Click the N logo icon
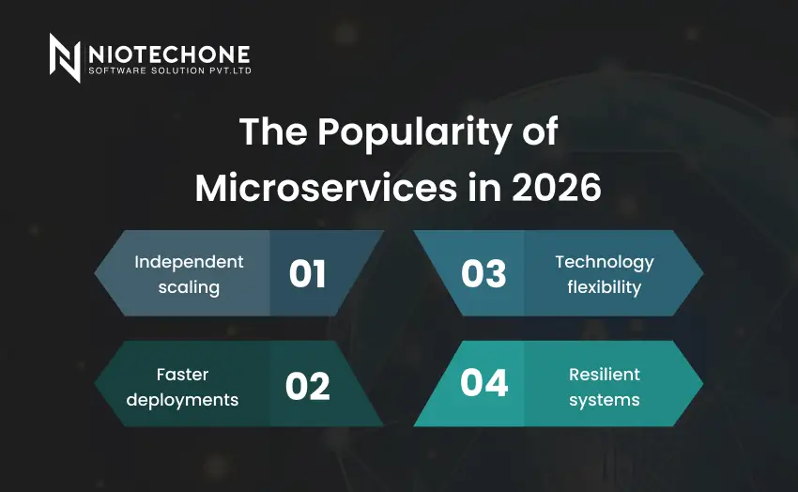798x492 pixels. click(66, 57)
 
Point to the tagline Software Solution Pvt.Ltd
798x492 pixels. click(169, 71)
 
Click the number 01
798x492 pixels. click(308, 274)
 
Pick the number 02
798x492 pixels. click(308, 385)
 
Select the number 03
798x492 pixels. click(484, 274)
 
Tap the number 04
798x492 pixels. click(484, 385)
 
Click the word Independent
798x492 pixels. click(189, 262)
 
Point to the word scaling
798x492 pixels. click(189, 287)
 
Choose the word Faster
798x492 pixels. click(182, 375)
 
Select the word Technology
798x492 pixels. click(604, 262)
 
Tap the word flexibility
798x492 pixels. click(604, 287)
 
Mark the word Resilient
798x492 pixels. click(604, 375)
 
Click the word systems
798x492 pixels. click(604, 400)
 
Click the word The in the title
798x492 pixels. click(272, 132)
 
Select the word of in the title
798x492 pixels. click(538, 132)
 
